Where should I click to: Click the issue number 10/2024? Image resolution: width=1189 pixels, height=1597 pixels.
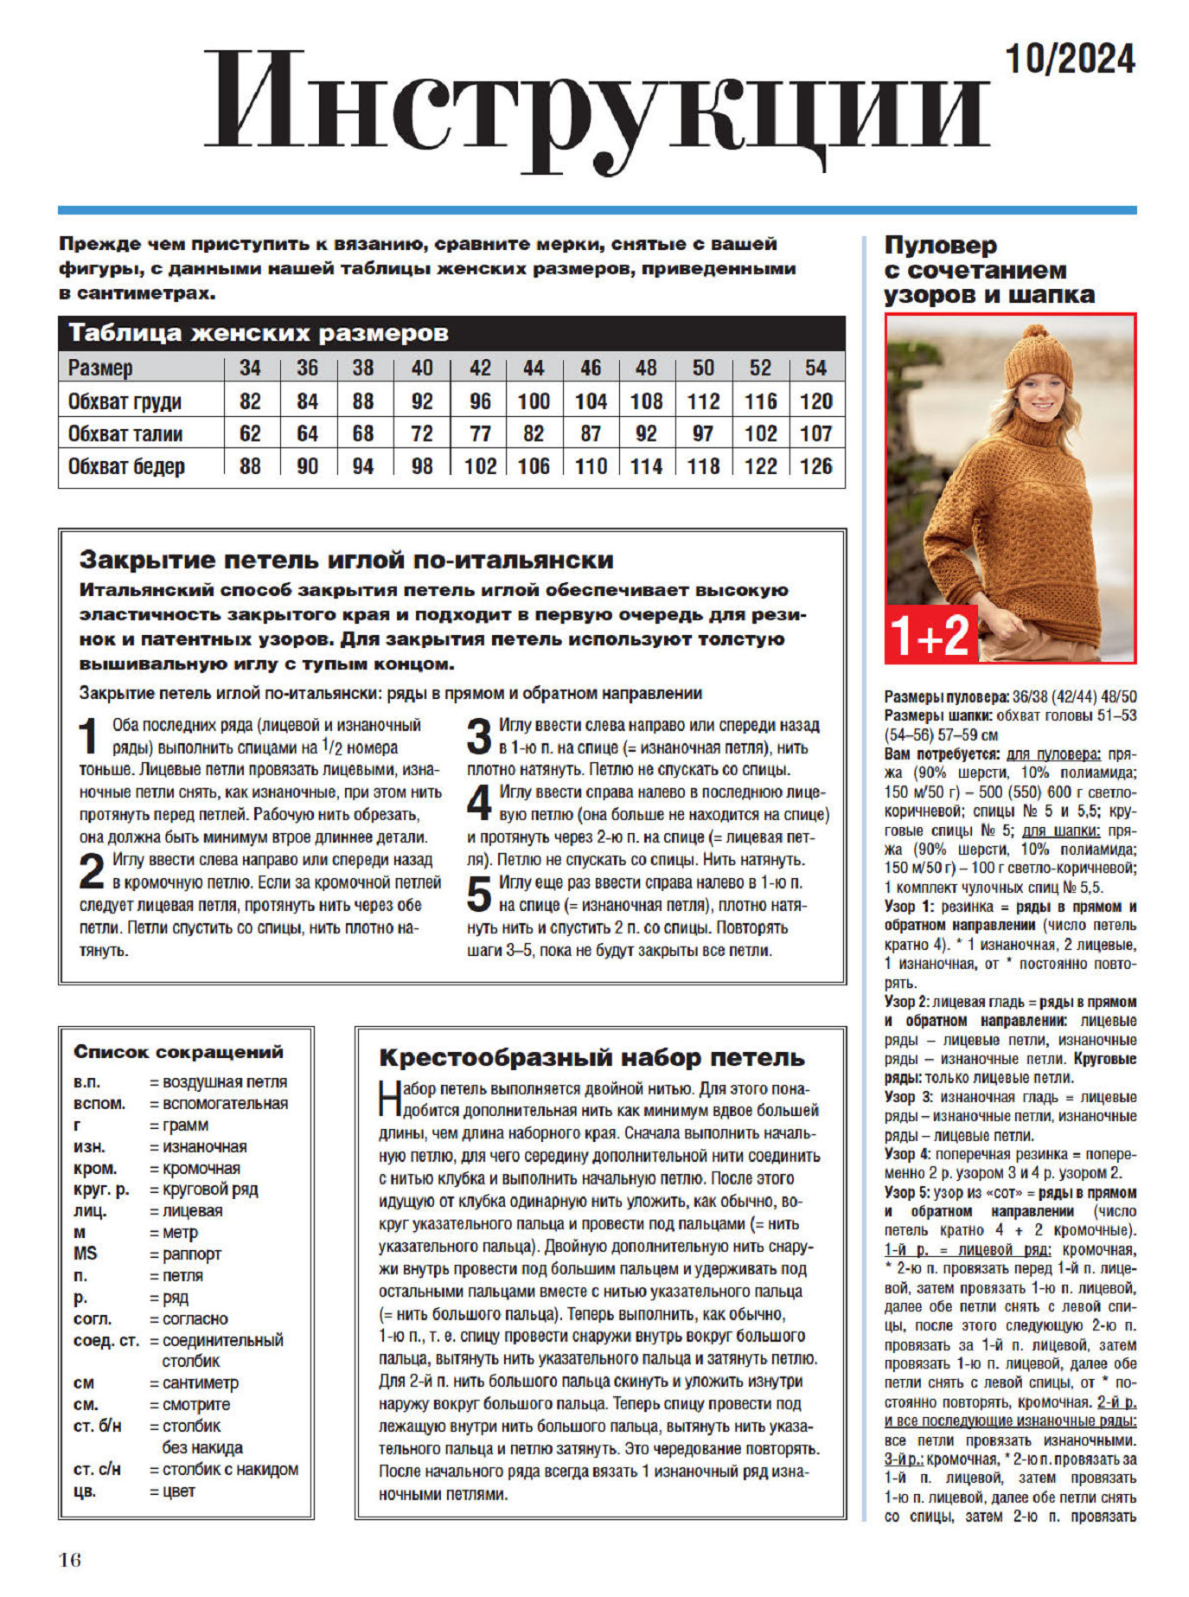(x=1070, y=60)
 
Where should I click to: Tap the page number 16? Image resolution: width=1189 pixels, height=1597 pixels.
(x=70, y=1560)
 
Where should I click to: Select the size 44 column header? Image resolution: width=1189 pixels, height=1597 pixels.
(x=534, y=368)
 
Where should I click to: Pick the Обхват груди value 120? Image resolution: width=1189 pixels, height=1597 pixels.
(x=815, y=401)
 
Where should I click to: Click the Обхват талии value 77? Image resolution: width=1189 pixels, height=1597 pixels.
(x=480, y=433)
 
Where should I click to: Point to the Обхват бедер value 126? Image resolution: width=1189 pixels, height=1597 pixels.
(x=815, y=466)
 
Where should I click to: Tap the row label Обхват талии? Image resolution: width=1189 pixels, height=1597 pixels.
(x=125, y=433)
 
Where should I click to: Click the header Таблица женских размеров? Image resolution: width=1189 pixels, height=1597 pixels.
(x=259, y=333)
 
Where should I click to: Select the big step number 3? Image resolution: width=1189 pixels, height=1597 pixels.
(x=479, y=737)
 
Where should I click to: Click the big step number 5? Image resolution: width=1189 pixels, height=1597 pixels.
(x=479, y=894)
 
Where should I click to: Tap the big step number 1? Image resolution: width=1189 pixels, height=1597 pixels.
(x=90, y=737)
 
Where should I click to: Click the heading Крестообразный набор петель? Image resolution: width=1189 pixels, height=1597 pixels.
(x=591, y=1057)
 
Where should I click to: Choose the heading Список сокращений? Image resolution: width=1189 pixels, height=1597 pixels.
(x=178, y=1052)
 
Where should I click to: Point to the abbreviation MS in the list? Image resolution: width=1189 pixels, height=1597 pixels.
(x=86, y=1254)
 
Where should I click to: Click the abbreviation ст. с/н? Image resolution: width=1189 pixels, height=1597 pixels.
(x=97, y=1469)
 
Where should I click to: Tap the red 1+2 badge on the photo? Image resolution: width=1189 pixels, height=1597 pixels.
(x=930, y=635)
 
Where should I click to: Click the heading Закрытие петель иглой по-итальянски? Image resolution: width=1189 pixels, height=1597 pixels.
(x=346, y=560)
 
